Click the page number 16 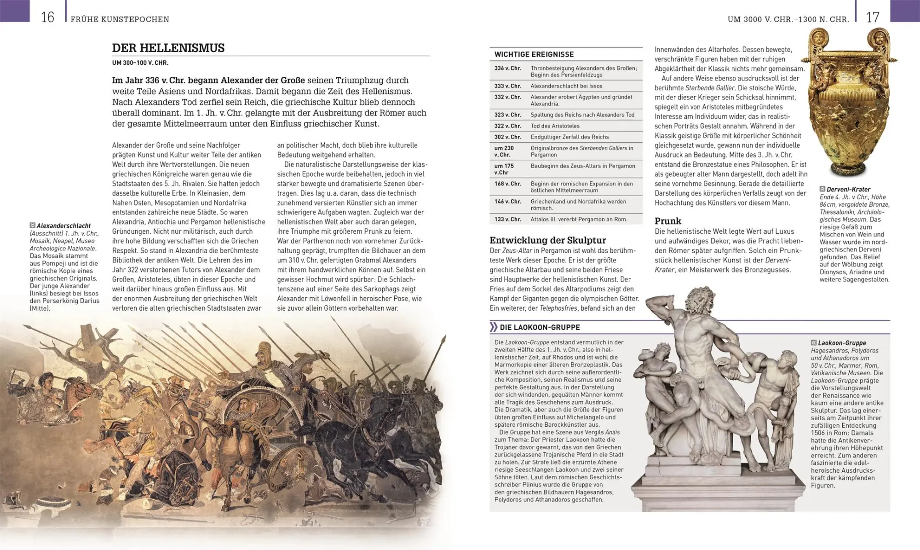pos(47,17)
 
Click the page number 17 pos(872,17)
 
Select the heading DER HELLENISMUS pos(168,48)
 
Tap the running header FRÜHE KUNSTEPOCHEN pos(120,19)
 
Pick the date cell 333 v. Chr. pos(507,86)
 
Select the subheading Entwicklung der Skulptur pos(547,240)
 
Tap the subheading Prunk pos(667,221)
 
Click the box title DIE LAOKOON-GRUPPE pos(540,328)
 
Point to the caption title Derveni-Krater pos(848,190)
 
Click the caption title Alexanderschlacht pos(63,226)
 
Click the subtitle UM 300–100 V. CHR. pos(140,63)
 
